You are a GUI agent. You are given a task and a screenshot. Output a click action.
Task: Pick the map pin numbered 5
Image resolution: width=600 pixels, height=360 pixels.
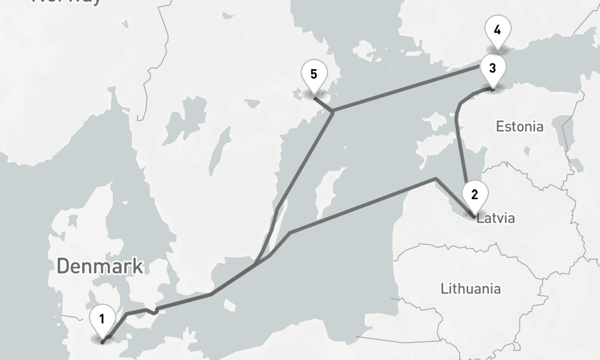(x=314, y=75)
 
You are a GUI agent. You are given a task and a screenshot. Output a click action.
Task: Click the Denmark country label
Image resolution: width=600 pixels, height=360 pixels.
(x=100, y=266)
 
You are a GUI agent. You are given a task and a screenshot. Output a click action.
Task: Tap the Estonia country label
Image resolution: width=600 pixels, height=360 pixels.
(x=520, y=127)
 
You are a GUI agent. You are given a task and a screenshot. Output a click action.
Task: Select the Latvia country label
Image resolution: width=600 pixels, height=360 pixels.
(x=496, y=218)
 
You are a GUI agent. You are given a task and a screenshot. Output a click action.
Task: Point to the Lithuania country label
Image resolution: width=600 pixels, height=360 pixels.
(x=470, y=289)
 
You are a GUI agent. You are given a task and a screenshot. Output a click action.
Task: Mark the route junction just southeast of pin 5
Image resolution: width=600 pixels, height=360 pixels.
(x=332, y=111)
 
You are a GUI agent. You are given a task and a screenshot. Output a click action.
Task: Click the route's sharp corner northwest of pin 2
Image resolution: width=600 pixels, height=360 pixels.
(x=436, y=179)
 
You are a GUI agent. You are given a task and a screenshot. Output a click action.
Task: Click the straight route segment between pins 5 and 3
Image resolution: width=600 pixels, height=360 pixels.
(x=408, y=88)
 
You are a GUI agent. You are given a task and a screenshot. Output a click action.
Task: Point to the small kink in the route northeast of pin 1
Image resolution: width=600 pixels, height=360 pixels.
(x=155, y=311)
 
